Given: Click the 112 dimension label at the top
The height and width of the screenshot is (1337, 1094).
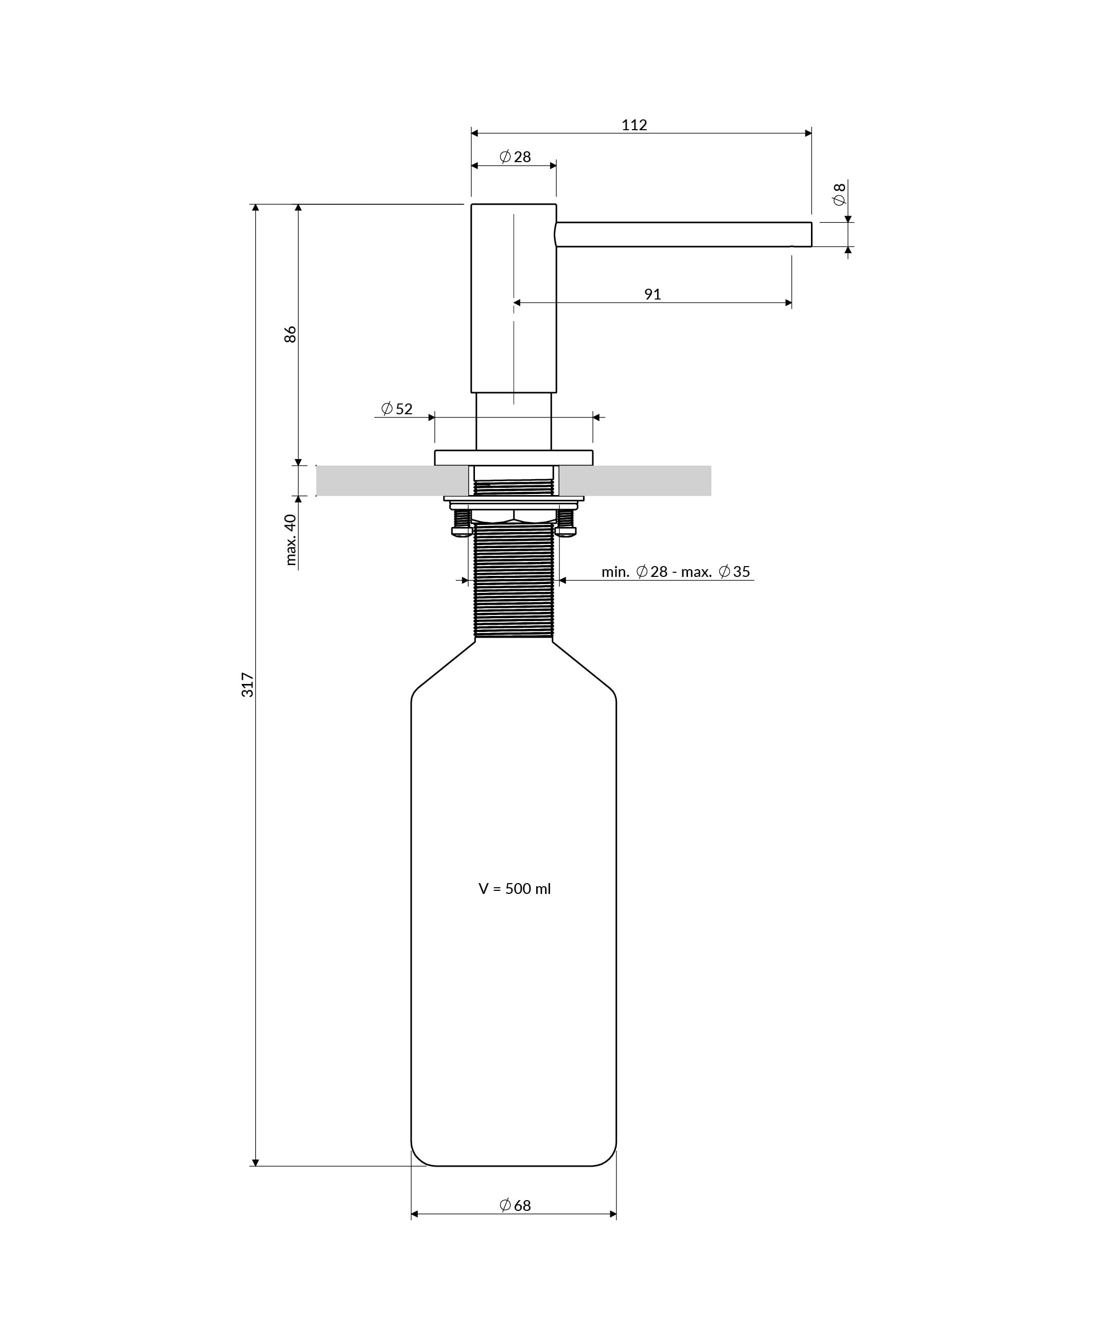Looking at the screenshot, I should (x=634, y=125).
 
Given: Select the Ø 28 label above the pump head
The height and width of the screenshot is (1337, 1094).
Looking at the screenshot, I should (x=515, y=157).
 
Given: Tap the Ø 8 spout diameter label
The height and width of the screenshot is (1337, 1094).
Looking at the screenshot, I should (x=839, y=195).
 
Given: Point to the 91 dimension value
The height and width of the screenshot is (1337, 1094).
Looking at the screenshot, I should (x=652, y=294).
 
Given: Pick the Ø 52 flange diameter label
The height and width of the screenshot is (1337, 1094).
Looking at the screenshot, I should (x=397, y=409).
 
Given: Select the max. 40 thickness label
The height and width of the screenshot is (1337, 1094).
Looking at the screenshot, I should (x=291, y=539).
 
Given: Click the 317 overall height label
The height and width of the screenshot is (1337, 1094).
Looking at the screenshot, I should (x=248, y=685).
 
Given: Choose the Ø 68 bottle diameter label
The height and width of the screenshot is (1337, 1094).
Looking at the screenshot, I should (x=515, y=1205).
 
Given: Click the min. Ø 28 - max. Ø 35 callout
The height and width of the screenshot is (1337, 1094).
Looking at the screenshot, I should (x=676, y=571).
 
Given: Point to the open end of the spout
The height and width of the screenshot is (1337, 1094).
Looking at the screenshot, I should (x=810, y=234).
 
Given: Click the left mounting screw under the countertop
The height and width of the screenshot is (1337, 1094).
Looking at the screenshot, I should (x=462, y=522).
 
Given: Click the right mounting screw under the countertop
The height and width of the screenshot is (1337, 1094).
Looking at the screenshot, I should (x=566, y=522).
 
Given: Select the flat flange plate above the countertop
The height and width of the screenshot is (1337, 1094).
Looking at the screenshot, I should (x=513, y=458).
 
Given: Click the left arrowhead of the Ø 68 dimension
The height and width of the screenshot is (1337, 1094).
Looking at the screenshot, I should (x=415, y=1214).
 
